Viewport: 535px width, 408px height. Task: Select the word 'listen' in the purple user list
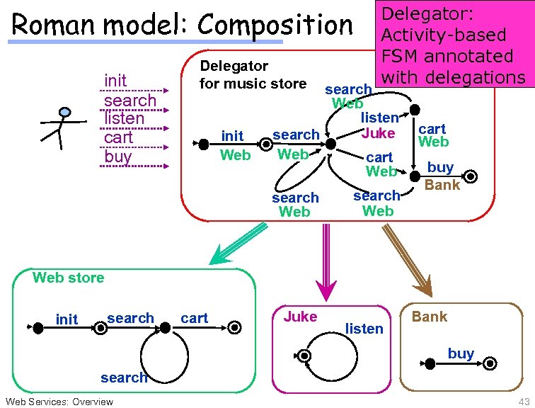tap(124, 118)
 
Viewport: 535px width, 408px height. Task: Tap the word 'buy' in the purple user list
tap(117, 156)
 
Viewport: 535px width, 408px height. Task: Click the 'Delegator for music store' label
tap(253, 75)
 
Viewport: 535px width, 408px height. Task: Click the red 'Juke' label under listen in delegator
tap(378, 132)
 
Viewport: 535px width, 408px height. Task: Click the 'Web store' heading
tap(68, 278)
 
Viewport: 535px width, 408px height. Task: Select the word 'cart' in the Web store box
tap(194, 318)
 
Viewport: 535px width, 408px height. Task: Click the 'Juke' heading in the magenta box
tap(300, 317)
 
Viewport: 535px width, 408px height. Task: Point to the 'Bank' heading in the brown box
tap(430, 317)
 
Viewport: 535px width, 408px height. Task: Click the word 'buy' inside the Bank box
tap(461, 353)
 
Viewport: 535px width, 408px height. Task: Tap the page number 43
tap(524, 402)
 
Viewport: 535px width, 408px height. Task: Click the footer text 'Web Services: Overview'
tap(59, 402)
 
